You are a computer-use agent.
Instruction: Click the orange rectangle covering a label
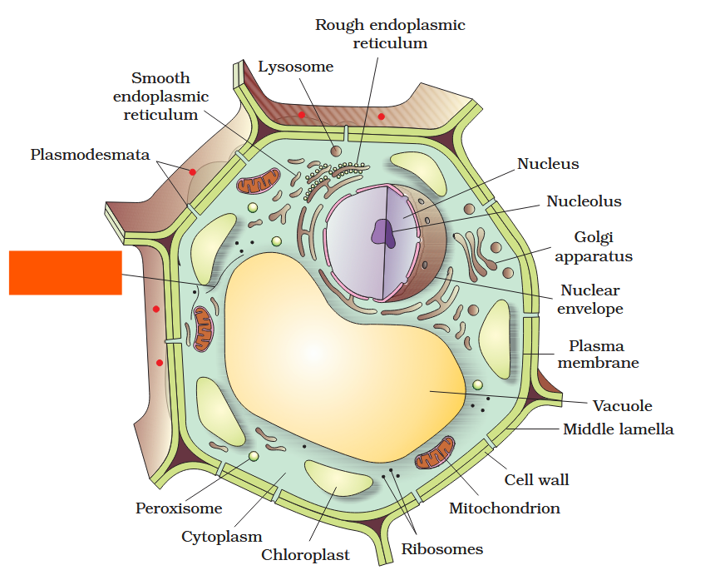tap(65, 272)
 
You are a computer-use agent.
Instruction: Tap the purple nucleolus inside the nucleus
tap(383, 232)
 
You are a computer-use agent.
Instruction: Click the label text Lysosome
tap(296, 67)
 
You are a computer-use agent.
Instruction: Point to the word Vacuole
tap(622, 406)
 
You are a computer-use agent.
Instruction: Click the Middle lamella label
tap(618, 429)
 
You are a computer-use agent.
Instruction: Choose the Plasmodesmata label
tap(90, 154)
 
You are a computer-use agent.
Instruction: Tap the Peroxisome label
tap(179, 508)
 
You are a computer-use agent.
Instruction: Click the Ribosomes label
tap(441, 548)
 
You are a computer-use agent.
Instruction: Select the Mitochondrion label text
tap(504, 508)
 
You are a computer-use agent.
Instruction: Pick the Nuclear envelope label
tap(589, 300)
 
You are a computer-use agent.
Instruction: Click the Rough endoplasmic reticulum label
tap(390, 34)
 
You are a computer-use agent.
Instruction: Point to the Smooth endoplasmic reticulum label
tap(160, 97)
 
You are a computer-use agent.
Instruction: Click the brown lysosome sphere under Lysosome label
tap(336, 151)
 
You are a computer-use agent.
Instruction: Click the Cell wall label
tap(536, 480)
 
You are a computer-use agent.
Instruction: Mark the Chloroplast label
tap(305, 555)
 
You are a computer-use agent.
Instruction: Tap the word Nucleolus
tap(584, 201)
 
